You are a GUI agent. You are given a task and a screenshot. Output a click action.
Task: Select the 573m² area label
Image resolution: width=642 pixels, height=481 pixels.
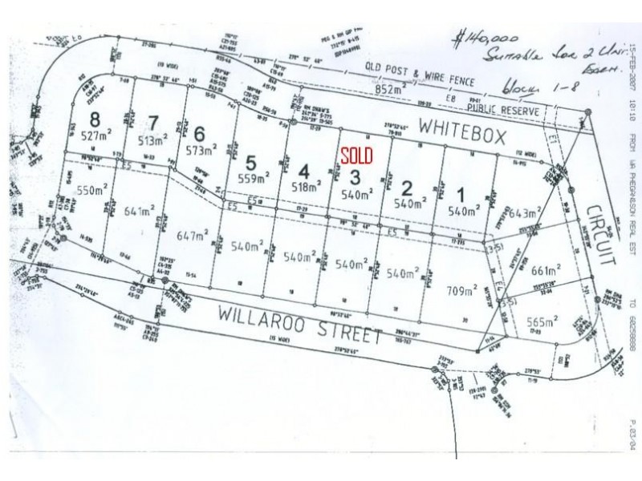click(x=201, y=150)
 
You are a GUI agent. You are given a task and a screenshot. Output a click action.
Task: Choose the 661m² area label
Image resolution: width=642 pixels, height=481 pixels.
click(x=545, y=269)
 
